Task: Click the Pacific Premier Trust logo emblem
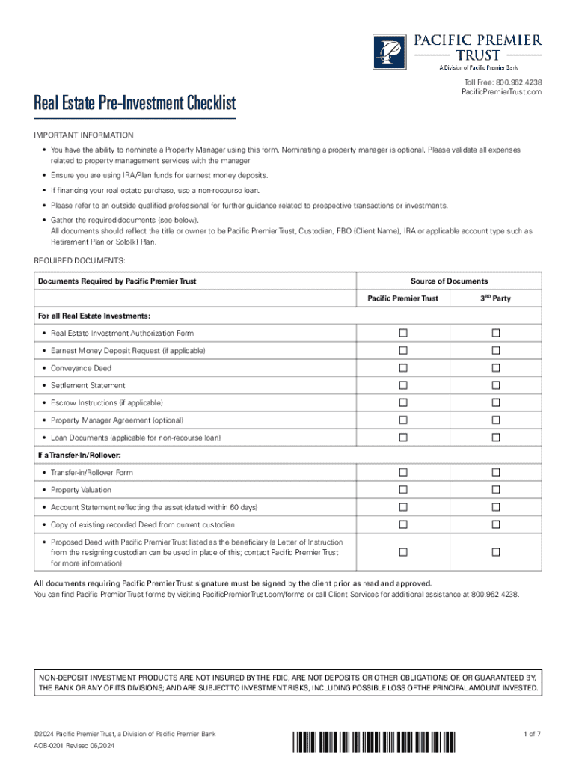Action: pos(387,52)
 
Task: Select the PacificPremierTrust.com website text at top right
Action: pos(501,92)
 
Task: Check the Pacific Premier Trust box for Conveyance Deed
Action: pos(403,368)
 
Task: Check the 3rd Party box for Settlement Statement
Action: pos(495,385)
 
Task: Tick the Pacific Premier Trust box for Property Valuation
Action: pos(403,490)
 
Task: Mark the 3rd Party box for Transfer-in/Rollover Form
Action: pos(495,472)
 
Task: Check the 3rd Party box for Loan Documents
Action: pos(495,437)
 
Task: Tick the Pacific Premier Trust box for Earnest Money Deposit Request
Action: pos(403,350)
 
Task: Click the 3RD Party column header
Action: pos(495,298)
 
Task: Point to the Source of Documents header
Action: pos(449,281)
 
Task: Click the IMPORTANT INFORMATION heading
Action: pos(84,135)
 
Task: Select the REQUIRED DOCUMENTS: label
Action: pos(80,260)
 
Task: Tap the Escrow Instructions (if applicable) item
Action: pos(106,402)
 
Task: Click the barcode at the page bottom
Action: pos(372,742)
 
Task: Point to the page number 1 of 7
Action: pos(532,735)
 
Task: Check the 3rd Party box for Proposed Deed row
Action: pos(495,552)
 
